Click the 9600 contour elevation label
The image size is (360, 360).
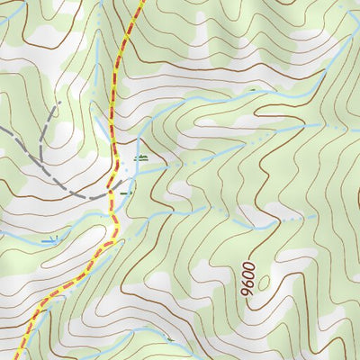tap(247, 280)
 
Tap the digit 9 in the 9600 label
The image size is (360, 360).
tap(246, 293)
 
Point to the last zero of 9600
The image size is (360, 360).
tap(248, 267)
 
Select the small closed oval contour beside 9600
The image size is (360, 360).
tap(263, 283)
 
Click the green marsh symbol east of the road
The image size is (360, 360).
tap(139, 157)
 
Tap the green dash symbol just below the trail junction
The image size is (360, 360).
tap(125, 192)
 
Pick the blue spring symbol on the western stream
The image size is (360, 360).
tap(49, 239)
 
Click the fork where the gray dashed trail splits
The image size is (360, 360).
tap(40, 144)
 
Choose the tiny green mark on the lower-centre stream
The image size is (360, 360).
tap(169, 338)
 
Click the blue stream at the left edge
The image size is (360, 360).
tap(4, 236)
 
